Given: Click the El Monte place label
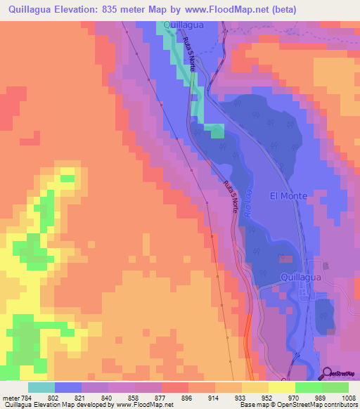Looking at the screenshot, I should tap(288, 196).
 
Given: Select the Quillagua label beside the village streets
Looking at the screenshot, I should tap(301, 278).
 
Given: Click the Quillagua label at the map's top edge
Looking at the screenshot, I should tap(184, 25).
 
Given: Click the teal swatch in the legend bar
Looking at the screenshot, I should tap(41, 387).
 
